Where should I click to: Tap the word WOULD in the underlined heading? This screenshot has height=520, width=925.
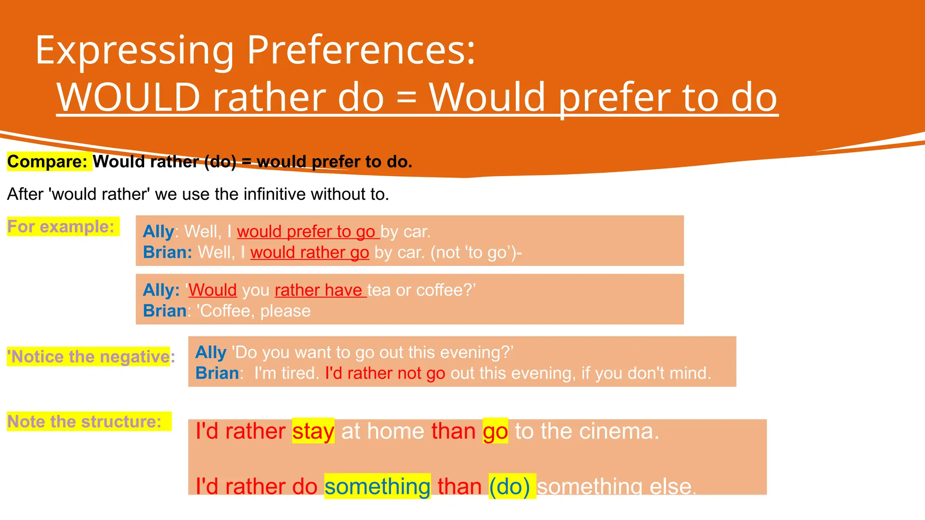coord(128,97)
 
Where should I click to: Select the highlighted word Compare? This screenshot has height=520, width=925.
coord(47,162)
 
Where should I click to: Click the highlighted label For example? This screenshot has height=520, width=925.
coord(61,227)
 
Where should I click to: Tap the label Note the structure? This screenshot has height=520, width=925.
coord(84,422)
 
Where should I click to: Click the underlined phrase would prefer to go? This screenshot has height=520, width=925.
coord(306,232)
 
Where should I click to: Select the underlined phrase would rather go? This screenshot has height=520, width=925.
coord(310,252)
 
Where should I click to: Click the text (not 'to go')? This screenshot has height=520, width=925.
coord(474,252)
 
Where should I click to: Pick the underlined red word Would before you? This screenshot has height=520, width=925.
coord(212,290)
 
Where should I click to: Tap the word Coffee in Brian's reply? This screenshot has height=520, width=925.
coord(225,311)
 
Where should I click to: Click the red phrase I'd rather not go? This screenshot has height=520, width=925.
coord(385,373)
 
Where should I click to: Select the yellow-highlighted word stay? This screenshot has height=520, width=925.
coord(313,431)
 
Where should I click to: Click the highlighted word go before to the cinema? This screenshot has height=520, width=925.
coord(495,431)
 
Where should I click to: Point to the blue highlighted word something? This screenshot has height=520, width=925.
coord(377,487)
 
